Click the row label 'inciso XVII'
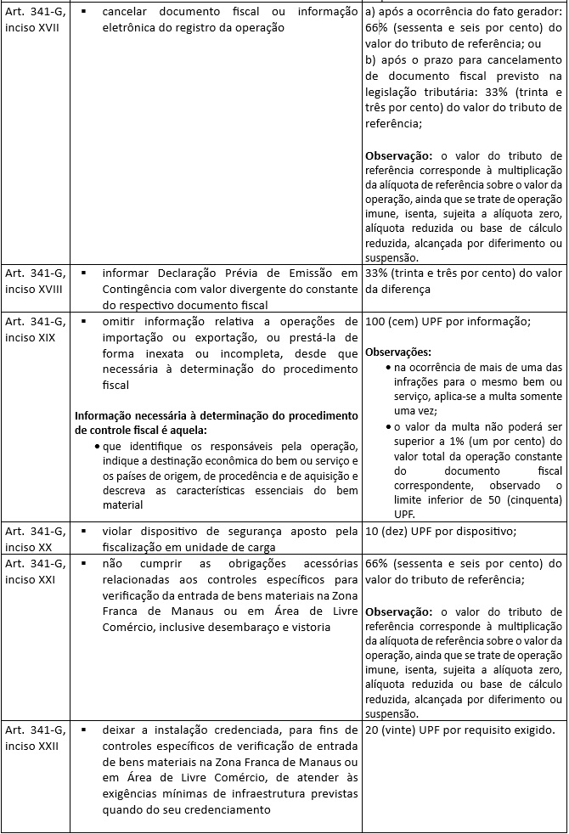[x=35, y=27]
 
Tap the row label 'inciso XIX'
[x=32, y=336]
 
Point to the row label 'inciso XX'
[x=30, y=547]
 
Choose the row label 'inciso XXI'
[x=32, y=578]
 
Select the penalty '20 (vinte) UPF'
[x=403, y=730]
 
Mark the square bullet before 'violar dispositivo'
[x=85, y=532]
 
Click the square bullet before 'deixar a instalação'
[x=85, y=730]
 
